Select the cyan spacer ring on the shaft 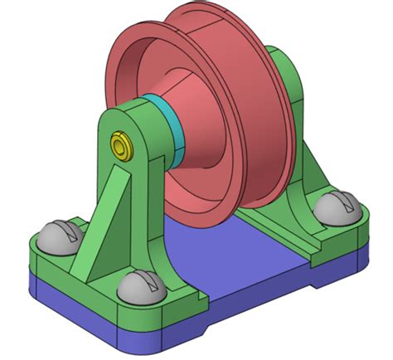pos(169,124)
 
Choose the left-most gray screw pos(61,236)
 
